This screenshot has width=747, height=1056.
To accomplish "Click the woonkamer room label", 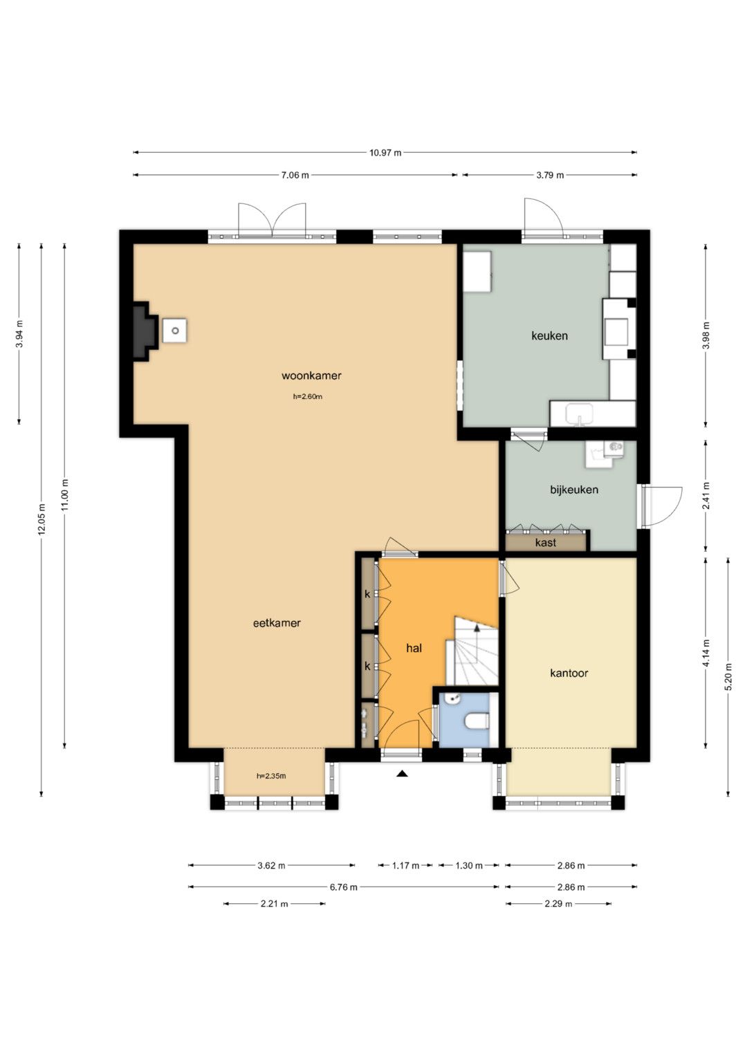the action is coord(311,376).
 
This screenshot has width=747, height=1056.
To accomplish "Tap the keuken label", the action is coord(549,335).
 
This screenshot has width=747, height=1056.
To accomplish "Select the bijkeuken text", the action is coord(574,490).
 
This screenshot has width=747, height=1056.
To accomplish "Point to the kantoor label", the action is coord(569,673).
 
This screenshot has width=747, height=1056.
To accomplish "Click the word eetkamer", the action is coord(277,623).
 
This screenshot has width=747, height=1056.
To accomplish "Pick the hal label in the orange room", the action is coord(414,648).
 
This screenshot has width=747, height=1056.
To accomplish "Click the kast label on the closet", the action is coord(545,543).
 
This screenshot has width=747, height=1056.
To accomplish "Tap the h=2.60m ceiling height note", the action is coord(308,396).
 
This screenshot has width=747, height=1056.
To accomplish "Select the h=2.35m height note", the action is coord(271,775).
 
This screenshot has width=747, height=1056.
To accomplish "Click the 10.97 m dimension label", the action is coord(385,152).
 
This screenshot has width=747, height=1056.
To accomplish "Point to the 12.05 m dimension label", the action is coord(41,519).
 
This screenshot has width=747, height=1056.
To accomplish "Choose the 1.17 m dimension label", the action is coord(405,866).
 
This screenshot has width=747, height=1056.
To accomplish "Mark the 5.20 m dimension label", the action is coord(728,677).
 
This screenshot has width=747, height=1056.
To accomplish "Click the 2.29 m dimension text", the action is coord(558,904).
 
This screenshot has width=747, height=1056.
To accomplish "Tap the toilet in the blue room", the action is coord(477,721).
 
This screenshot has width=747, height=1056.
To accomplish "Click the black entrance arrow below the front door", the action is coord(402,773).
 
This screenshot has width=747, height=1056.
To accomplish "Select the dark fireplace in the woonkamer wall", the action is coord(145,332).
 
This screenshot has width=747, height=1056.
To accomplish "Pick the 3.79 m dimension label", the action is coord(550,175).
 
